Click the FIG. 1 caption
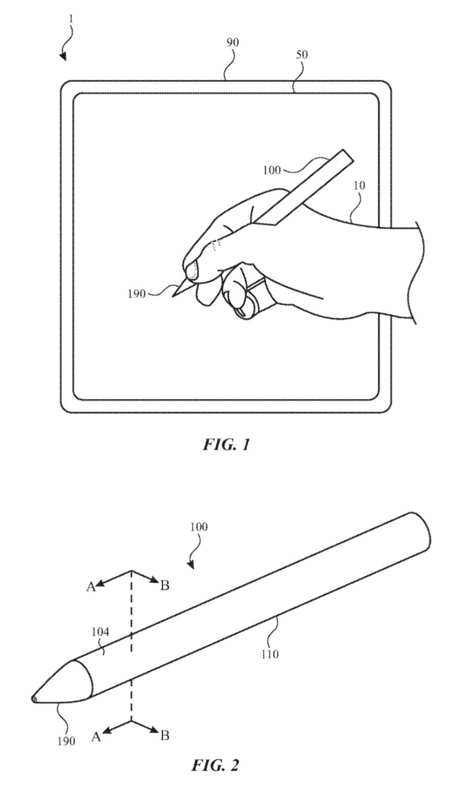point(226,445)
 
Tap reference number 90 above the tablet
point(233,42)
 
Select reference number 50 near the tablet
point(302,55)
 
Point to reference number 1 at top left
point(71,19)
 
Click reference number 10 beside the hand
point(359,185)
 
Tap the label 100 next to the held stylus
point(272,170)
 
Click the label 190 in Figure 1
point(136,294)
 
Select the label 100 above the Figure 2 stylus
point(199,527)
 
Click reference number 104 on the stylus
point(100,632)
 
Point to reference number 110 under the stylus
point(270,654)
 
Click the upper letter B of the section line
point(165,585)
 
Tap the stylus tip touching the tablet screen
point(173,297)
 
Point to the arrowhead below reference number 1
point(63,57)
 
